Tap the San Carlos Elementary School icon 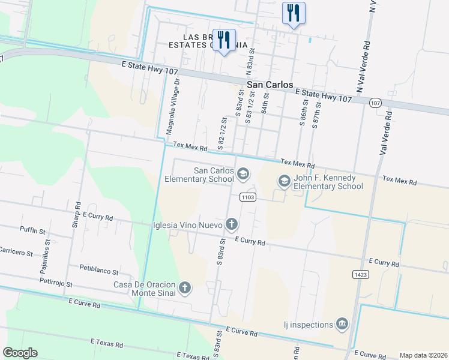[x=243, y=175]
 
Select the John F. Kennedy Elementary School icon [x=284, y=180]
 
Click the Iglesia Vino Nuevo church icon [x=232, y=225]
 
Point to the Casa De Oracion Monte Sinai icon [x=185, y=288]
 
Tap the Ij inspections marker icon [x=342, y=325]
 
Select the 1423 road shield [x=358, y=274]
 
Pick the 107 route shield [x=375, y=103]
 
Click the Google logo [x=20, y=353]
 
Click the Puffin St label [x=32, y=230]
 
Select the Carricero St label [x=16, y=252]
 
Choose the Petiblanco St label [x=99, y=270]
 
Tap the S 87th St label [x=318, y=114]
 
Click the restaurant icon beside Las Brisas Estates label [x=224, y=40]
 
